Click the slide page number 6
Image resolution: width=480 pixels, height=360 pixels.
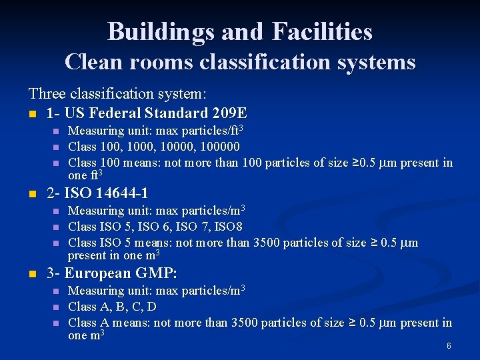tap(449, 346)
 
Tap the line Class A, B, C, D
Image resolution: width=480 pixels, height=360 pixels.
tap(113, 307)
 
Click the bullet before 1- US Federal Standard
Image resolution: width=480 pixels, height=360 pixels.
tap(33, 113)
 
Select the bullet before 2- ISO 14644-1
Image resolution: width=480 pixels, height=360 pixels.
tap(33, 194)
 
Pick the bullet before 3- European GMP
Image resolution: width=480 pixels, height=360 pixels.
tap(33, 274)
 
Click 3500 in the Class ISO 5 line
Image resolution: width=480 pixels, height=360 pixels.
tap(267, 243)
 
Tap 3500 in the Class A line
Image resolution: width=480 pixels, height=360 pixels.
tap(245, 323)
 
